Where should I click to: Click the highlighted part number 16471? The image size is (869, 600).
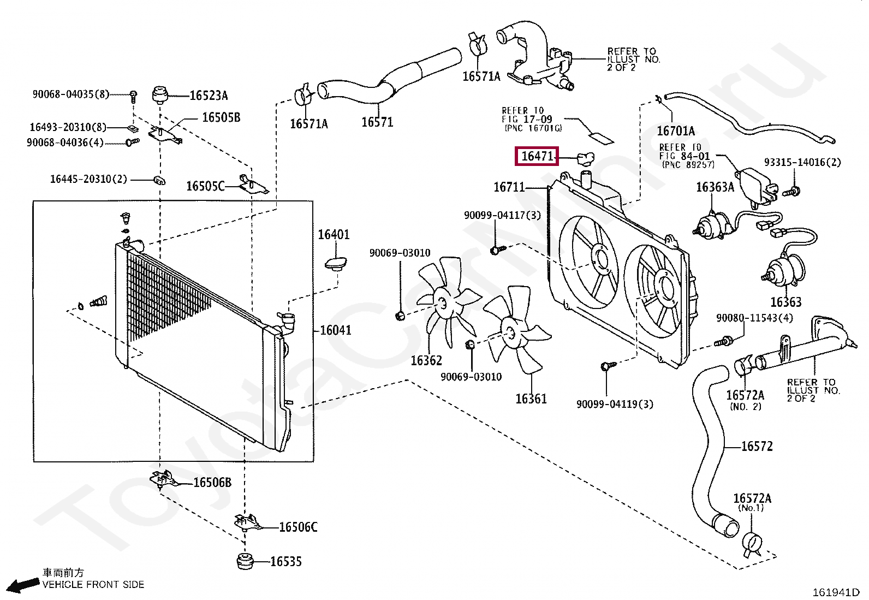point(537,156)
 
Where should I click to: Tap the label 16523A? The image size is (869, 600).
point(209,96)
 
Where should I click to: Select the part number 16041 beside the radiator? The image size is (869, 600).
point(336,330)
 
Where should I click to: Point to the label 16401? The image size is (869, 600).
point(334,234)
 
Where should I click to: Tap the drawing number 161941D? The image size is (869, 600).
point(836,592)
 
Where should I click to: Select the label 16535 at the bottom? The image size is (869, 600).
point(286,562)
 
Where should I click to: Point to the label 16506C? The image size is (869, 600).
point(299,527)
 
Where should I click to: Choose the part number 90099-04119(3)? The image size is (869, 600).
point(615,405)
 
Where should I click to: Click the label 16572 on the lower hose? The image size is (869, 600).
point(757,446)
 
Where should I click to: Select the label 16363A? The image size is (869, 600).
point(715,187)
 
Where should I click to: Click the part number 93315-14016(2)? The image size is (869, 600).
point(802,162)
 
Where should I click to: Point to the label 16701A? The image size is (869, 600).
point(676,131)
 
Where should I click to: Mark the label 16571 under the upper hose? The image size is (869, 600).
point(378,122)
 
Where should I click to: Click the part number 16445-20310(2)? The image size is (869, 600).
point(88,179)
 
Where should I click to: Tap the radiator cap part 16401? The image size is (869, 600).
point(336,264)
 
